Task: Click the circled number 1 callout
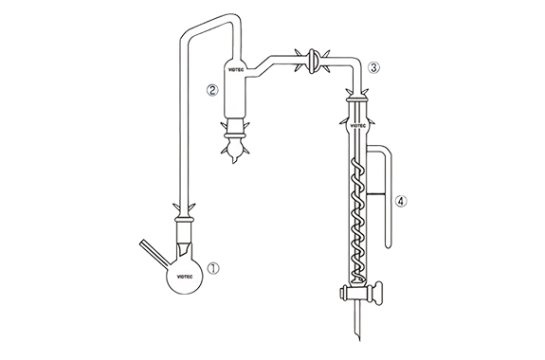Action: (x=213, y=269)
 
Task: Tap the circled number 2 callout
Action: (x=212, y=90)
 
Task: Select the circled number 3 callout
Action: (x=373, y=68)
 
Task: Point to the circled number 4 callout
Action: (x=401, y=201)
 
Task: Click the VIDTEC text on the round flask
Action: (x=185, y=277)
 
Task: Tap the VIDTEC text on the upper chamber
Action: (x=236, y=69)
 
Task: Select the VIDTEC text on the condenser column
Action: (x=357, y=126)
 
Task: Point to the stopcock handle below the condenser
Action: (x=376, y=294)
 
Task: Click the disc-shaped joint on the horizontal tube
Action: (x=312, y=62)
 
